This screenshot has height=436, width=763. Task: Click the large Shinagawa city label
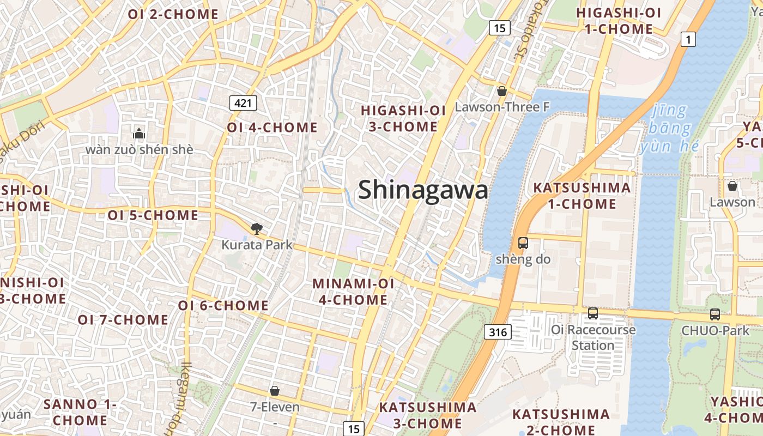[x=422, y=190]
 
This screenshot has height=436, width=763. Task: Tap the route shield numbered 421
[x=243, y=102]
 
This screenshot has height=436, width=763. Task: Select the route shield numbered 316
[x=498, y=331]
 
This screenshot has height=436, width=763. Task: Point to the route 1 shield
[x=689, y=39]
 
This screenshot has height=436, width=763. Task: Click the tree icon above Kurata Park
[x=256, y=229]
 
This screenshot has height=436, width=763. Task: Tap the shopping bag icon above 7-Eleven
[x=275, y=391]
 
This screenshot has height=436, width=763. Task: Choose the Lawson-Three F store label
[x=502, y=107]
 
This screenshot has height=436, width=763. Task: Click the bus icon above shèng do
[x=523, y=243]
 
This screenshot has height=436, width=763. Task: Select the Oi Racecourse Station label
[x=593, y=337]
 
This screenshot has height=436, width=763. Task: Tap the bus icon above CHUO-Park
[x=714, y=314]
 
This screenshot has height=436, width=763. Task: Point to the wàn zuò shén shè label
[x=139, y=149]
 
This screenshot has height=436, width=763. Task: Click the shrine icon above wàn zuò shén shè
[x=139, y=133]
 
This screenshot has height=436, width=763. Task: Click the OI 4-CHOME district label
[x=272, y=128]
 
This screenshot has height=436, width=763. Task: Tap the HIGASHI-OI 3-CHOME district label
[x=403, y=118]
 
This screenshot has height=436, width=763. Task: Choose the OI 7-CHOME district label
[x=123, y=319]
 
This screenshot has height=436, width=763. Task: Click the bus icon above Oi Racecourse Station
[x=593, y=313]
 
